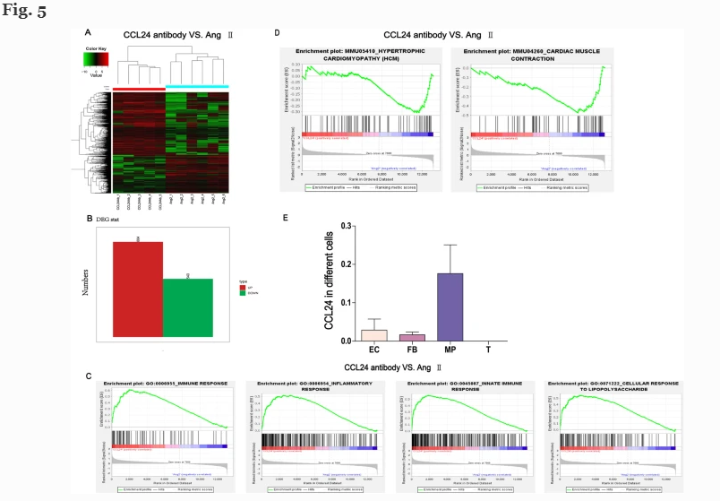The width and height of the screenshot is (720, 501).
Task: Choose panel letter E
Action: point(286,216)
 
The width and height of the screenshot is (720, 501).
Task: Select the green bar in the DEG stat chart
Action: point(187,307)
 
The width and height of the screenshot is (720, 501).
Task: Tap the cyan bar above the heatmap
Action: point(197,87)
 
